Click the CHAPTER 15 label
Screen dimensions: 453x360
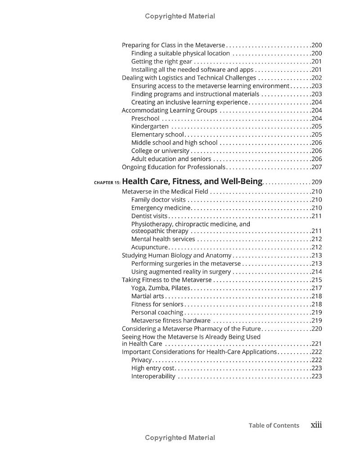click(x=107, y=183)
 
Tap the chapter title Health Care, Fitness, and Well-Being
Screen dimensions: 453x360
click(x=192, y=182)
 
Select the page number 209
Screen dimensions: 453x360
click(x=317, y=182)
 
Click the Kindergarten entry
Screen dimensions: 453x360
click(x=150, y=126)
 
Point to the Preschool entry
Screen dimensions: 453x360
click(x=145, y=118)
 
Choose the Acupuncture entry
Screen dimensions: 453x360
click(x=149, y=247)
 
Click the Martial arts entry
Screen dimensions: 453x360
click(x=148, y=296)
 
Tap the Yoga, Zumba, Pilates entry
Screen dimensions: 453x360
click(x=161, y=288)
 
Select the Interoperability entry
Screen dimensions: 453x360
click(x=153, y=376)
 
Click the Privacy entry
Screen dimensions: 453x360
click(x=141, y=360)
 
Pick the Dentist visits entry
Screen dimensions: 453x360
click(x=149, y=216)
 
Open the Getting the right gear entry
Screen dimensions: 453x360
click(x=162, y=62)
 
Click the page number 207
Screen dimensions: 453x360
click(x=317, y=167)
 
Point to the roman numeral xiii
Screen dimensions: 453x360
click(x=316, y=425)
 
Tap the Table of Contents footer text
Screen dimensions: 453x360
click(x=274, y=426)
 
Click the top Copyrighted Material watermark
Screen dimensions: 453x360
click(x=180, y=16)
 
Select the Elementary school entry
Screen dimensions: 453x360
click(x=157, y=135)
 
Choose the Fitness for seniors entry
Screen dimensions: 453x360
click(x=157, y=304)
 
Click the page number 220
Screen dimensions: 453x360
click(x=317, y=328)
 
